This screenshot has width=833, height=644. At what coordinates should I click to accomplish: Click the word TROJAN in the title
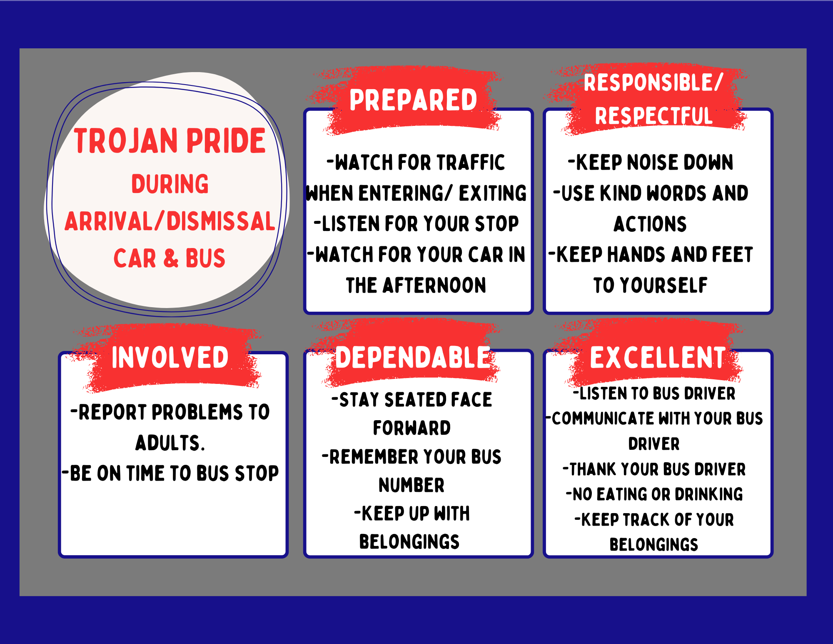point(126,141)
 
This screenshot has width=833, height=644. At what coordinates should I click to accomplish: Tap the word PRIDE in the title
point(226,141)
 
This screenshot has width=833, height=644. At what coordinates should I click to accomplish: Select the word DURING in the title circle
point(170,184)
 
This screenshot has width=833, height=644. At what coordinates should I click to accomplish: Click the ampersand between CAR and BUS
point(171,258)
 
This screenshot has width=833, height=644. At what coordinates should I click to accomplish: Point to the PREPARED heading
point(413,100)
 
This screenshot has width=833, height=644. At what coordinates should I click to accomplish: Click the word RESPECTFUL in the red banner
point(653,116)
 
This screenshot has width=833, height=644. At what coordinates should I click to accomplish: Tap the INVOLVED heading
point(170,357)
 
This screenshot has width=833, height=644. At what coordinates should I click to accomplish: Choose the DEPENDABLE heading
point(412,357)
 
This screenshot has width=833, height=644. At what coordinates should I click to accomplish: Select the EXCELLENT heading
point(658,357)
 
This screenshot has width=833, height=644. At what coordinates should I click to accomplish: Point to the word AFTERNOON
point(434,286)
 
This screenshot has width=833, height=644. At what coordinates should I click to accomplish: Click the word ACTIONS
point(650,224)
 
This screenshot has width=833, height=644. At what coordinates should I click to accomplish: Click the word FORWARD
point(412,428)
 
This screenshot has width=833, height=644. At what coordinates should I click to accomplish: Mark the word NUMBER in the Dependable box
point(412,485)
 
